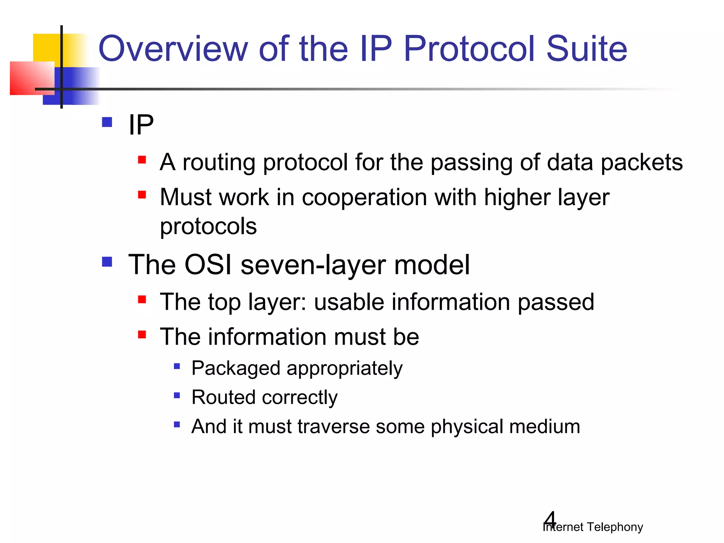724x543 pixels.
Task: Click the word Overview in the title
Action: (x=173, y=48)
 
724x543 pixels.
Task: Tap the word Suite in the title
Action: (x=586, y=48)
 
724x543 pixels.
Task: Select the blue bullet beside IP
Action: (x=107, y=122)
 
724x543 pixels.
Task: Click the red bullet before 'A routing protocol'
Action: (x=142, y=160)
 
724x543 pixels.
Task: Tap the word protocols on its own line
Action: (x=208, y=226)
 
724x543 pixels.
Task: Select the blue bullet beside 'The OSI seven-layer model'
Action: (x=107, y=262)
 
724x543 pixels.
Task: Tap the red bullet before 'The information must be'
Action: (x=142, y=334)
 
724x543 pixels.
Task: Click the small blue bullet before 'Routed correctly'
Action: (x=177, y=395)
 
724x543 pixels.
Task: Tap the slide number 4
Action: (x=550, y=519)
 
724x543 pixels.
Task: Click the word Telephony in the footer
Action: (x=615, y=527)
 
